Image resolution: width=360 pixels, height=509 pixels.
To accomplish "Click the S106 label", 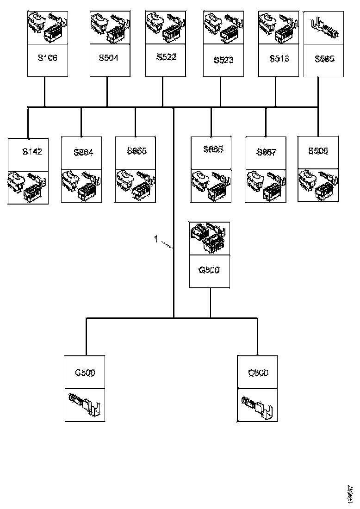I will tap(48, 58).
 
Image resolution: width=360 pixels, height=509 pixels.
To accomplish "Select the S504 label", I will tap(108, 58).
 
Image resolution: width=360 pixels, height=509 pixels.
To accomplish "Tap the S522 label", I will tap(166, 57).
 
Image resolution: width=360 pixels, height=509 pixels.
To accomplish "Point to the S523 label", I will tap(223, 60).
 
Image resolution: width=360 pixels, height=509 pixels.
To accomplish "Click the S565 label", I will tap(324, 59).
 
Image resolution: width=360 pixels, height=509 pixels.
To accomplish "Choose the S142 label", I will tap(32, 151).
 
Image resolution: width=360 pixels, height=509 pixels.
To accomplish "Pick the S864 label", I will tap(83, 152).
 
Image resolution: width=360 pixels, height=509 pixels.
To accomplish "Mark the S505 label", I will tap(318, 151).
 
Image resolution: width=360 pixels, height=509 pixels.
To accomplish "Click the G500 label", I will tap(209, 270).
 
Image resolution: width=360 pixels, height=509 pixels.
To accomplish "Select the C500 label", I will tap(85, 372).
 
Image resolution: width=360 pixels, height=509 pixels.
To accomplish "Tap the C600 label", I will tap(258, 372).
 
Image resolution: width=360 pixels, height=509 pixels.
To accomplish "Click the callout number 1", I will tap(156, 239).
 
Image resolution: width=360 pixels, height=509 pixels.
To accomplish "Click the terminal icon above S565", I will tap(324, 26).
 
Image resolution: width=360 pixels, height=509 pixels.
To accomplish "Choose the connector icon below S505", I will tap(318, 185).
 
